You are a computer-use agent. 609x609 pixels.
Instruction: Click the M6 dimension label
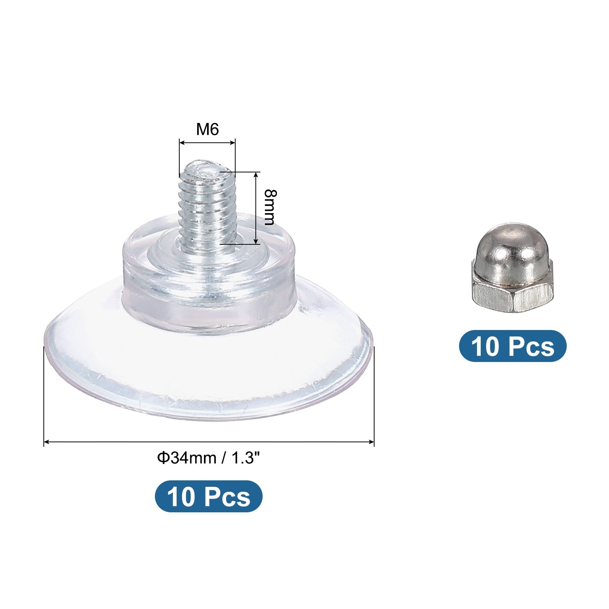click(207, 130)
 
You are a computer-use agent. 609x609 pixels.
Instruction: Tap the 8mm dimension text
click(270, 207)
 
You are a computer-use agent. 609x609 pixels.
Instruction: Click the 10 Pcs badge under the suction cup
click(209, 496)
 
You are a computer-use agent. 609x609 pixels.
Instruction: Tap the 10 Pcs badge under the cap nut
click(513, 346)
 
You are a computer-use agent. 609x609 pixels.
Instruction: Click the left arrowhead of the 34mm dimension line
click(46, 442)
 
